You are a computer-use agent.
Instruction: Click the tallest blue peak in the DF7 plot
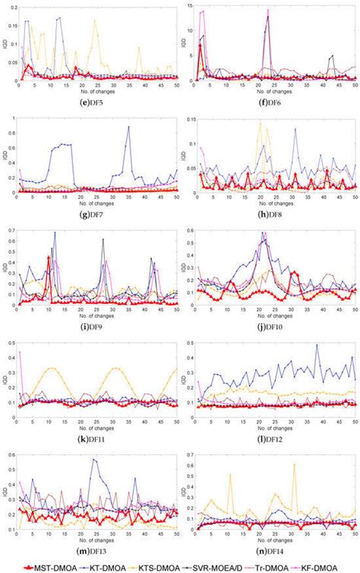(x=128, y=127)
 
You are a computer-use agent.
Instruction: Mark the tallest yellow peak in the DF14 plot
(x=294, y=464)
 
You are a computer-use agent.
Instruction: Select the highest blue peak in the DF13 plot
(x=94, y=459)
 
